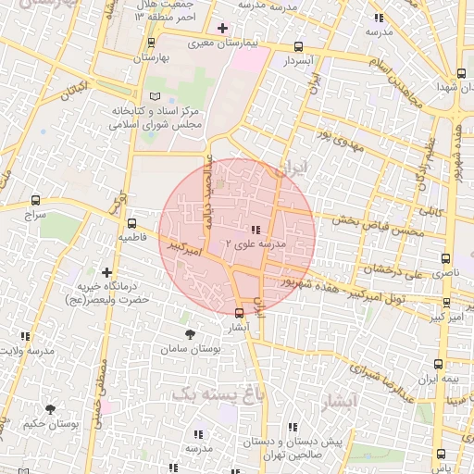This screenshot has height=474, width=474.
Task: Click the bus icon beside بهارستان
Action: [151, 43]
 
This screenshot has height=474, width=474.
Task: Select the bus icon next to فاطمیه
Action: [131, 223]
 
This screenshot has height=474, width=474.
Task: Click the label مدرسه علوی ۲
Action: [255, 243]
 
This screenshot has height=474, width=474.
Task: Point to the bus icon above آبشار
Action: [240, 313]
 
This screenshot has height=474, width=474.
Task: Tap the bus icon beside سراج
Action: [36, 200]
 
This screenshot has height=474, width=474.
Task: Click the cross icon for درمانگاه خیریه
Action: [108, 273]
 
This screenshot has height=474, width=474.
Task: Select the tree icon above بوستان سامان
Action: [190, 333]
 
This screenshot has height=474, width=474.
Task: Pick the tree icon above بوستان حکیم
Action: [50, 408]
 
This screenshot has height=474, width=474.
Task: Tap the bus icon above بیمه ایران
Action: [438, 365]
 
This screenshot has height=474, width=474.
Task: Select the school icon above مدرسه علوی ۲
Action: [256, 229]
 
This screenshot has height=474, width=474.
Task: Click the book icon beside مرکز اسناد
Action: [155, 96]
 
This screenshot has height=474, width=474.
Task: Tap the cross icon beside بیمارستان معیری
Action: [221, 28]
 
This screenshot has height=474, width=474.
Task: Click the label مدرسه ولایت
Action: [25, 350]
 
